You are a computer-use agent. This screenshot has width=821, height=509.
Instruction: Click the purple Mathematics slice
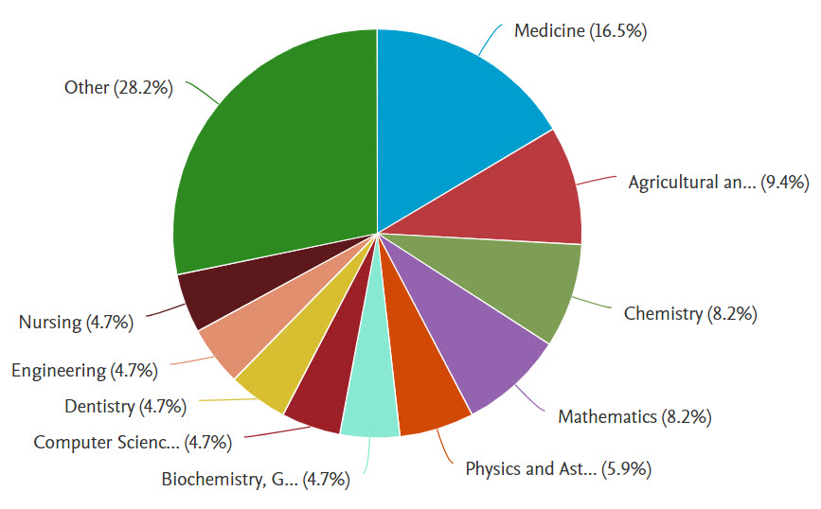coord(483,350)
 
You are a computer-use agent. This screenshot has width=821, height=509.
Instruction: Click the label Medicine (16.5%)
coord(580,31)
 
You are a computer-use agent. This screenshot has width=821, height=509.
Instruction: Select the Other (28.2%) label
coord(118,88)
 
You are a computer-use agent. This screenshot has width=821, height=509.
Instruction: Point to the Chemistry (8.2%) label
coord(689,314)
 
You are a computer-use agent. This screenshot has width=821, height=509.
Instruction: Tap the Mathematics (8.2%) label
coord(634,416)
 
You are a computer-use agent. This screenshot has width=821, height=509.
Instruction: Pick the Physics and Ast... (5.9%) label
coord(558,467)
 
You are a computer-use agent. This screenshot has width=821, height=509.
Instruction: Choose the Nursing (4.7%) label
coord(76,322)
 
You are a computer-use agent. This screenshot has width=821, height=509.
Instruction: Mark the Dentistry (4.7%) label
coord(125,407)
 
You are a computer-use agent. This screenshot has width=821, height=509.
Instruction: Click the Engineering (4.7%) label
coord(84,370)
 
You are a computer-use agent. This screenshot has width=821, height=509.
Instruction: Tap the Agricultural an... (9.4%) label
coord(718,183)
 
